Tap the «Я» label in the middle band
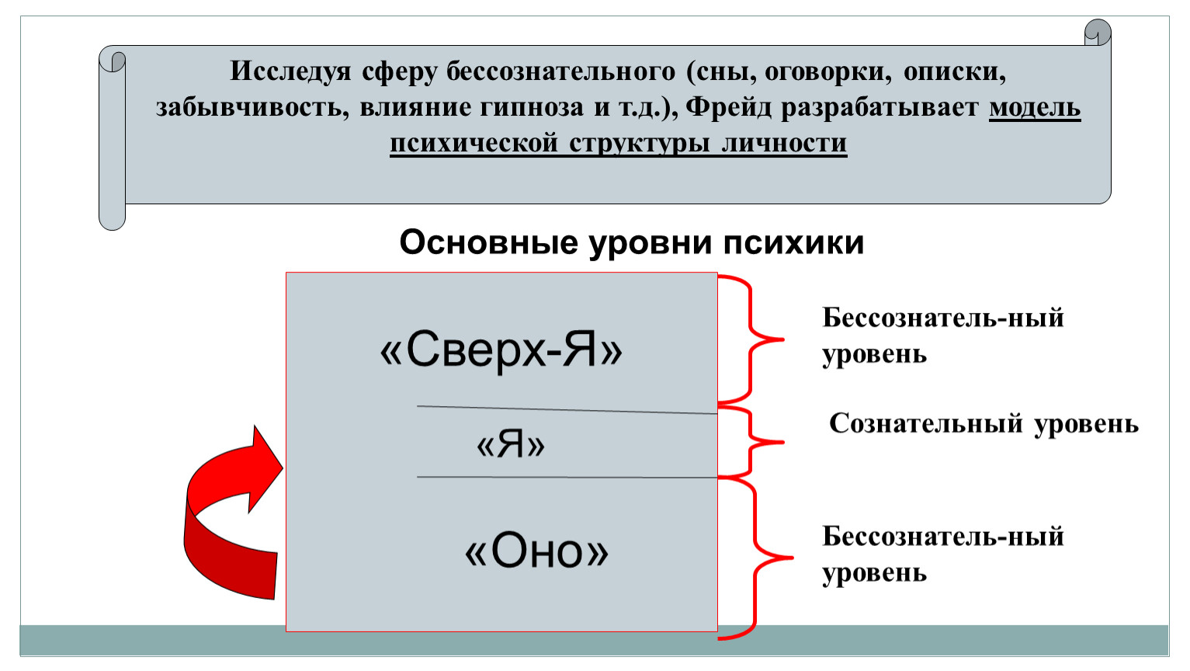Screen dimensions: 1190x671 click(511, 444)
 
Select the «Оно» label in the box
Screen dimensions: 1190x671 click(536, 551)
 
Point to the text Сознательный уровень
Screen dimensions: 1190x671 click(984, 424)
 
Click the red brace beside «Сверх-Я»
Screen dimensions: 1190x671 click(750, 339)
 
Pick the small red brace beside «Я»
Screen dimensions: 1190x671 click(750, 442)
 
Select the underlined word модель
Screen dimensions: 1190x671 click(1035, 107)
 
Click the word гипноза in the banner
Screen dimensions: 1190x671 click(532, 108)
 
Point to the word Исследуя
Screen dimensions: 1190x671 click(290, 71)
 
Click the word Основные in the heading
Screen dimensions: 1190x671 click(489, 242)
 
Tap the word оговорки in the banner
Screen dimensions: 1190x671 click(828, 72)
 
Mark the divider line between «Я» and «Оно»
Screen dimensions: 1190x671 click(567, 478)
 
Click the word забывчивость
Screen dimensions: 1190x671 click(253, 107)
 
